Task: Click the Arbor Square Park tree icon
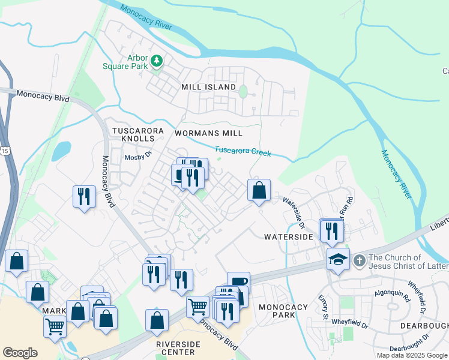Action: (157, 61)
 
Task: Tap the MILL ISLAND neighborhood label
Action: (209, 87)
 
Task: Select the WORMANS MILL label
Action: (208, 133)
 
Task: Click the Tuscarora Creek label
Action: (243, 152)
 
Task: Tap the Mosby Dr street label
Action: (136, 158)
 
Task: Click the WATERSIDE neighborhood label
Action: (289, 237)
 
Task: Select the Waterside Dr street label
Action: (294, 212)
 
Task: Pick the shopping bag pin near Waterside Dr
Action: (259, 191)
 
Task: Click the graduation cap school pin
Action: (339, 259)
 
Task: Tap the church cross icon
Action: (359, 260)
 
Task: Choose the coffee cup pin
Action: (238, 283)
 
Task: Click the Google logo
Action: (20, 352)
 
